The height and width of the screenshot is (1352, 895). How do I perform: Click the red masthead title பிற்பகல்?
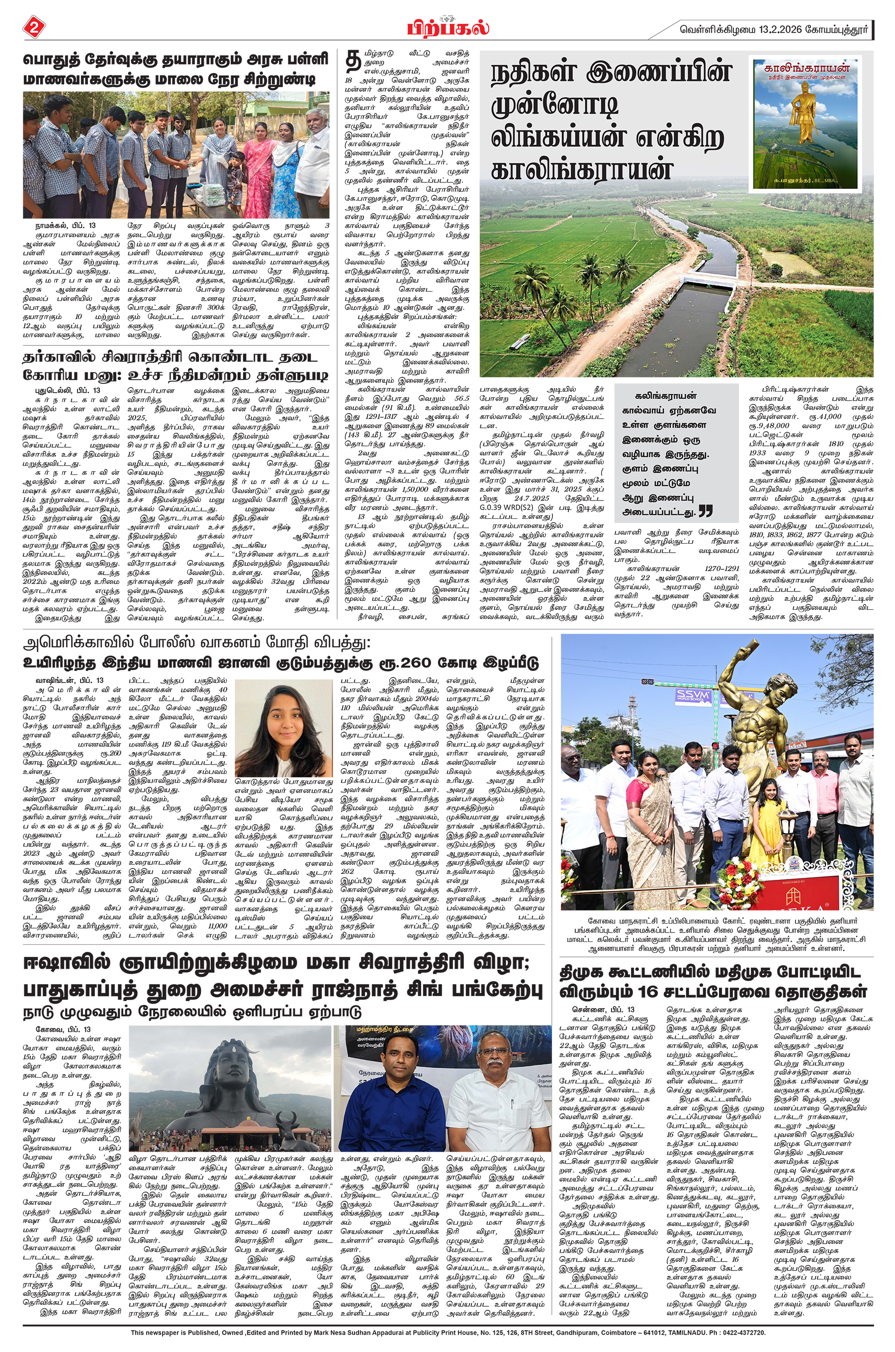pos(447,27)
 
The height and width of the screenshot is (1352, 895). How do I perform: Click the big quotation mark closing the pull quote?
pos(706,510)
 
